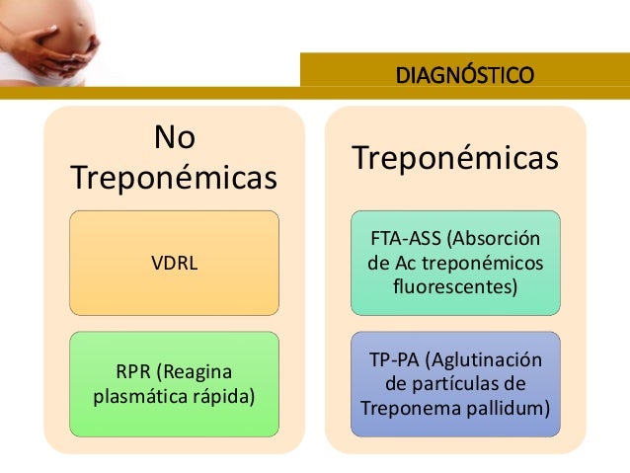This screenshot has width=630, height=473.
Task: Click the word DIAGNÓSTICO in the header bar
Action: [x=464, y=74]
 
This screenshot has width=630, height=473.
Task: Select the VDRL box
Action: [x=174, y=263]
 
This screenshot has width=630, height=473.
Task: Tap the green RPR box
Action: [x=174, y=385]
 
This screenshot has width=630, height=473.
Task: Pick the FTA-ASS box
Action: [x=455, y=264]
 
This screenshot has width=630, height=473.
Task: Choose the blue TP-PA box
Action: [x=455, y=384]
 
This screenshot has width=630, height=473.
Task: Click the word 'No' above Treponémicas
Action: [x=174, y=138]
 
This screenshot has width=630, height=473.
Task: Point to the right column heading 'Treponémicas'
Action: [x=455, y=158]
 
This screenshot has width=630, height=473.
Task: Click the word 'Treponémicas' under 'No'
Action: [x=174, y=180]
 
